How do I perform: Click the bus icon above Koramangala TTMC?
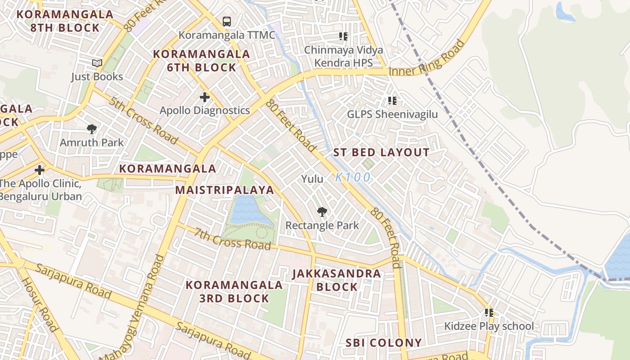[227, 21]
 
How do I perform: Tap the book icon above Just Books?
[97, 63]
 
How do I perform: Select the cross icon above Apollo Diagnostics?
[205, 97]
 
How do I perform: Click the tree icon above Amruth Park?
[92, 129]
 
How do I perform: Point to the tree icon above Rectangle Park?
[322, 211]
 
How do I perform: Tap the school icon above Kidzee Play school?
[489, 312]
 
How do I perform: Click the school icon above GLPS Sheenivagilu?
[392, 101]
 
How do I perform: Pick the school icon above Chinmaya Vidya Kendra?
[343, 36]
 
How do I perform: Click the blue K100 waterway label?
[353, 177]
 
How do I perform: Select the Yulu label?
[312, 179]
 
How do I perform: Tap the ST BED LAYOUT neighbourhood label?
[381, 153]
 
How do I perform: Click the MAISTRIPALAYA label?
[225, 190]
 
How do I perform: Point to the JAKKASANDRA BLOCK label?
[337, 280]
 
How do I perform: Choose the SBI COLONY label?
[383, 343]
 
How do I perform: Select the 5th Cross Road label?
[143, 119]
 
